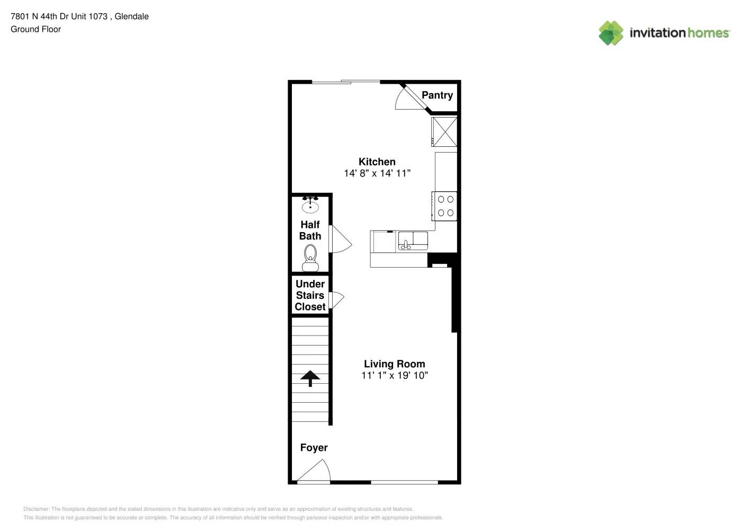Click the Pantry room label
437,95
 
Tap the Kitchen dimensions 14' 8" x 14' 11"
377,173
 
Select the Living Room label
394,364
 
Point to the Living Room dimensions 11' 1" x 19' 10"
394,376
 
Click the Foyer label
314,448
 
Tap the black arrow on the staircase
310,378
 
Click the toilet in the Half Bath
310,257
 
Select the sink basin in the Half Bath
310,206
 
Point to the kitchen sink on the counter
413,241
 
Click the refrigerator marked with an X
444,131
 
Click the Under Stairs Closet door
336,299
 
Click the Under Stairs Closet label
310,296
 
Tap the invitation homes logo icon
611,33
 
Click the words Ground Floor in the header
35,29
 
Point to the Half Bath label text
310,231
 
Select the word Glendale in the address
131,16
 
